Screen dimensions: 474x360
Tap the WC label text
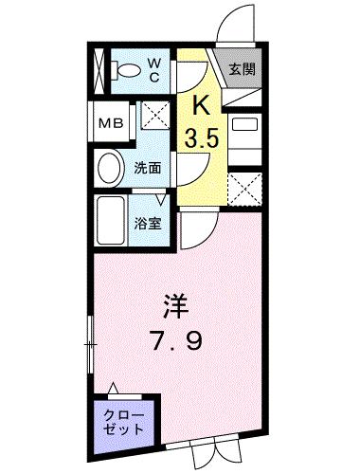(154, 69)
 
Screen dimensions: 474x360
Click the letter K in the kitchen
(201, 105)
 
